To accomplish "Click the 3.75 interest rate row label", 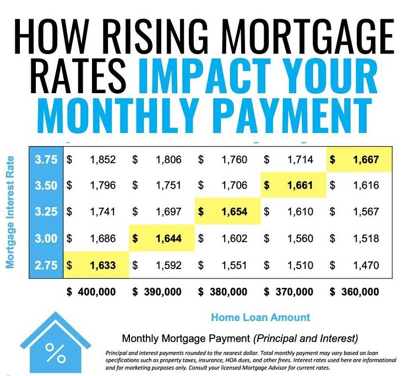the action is tap(46, 159).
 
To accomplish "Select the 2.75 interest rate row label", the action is tap(46, 265).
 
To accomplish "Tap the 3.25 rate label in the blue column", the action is tap(46, 212).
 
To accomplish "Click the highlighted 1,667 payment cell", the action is tap(359, 159).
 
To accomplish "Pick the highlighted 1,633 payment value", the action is tap(103, 265).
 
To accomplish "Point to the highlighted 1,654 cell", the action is tap(228, 212).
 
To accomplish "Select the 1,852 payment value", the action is tap(103, 159).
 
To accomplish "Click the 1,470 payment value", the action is tap(366, 265).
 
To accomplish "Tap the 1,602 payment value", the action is tap(235, 238).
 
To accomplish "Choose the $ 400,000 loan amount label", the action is tap(91, 292).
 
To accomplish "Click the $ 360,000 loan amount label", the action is tap(354, 292).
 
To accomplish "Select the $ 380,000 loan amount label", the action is tap(222, 292).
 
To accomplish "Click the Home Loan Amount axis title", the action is tap(260, 318).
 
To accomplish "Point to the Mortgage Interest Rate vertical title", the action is tap(10, 212).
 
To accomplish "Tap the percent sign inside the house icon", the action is tap(56, 353).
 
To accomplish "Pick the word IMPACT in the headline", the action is tap(205, 76).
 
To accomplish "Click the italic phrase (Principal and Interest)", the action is tap(306, 338).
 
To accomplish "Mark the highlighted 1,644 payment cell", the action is tap(162, 238).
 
